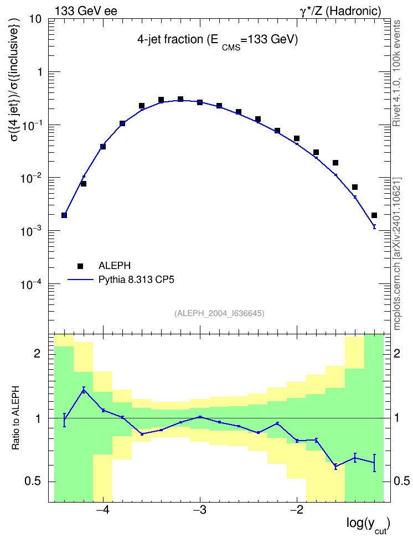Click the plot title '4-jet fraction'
pos(170,39)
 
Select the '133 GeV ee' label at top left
pos(86,11)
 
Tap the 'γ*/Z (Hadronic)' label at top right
pos(340,11)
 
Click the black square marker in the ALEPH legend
pos(80,266)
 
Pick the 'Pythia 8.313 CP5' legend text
pos(136,280)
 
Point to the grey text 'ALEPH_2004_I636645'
pos(219,313)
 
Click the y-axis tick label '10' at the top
pos(35,19)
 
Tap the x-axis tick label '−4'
pos(102,510)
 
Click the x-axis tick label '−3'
pos(200,510)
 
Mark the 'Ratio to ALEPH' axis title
pos(16,418)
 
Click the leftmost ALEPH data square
pos(64,215)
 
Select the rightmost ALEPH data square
pos(374,215)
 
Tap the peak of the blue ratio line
pos(84,390)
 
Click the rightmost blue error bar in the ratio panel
pos(374,463)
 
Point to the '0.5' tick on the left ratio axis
pos(33,482)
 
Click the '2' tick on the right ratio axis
pos(397,354)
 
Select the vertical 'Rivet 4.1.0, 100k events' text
pos(396,73)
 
